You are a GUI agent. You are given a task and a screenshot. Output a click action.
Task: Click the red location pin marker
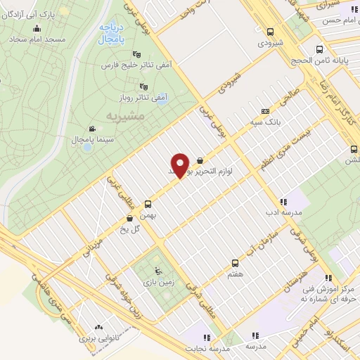181,165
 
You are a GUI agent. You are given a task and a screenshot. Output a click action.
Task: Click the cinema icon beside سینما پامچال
92,129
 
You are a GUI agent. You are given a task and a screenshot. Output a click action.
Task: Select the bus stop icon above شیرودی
270,31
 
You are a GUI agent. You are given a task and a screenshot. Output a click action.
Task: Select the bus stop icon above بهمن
148,204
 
